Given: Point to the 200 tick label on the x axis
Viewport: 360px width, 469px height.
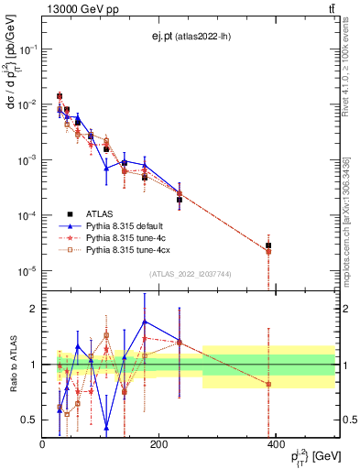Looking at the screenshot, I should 159,445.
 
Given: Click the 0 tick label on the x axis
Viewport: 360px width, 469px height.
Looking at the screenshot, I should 42,445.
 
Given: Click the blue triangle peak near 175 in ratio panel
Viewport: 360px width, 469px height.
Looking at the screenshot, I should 145,322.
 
